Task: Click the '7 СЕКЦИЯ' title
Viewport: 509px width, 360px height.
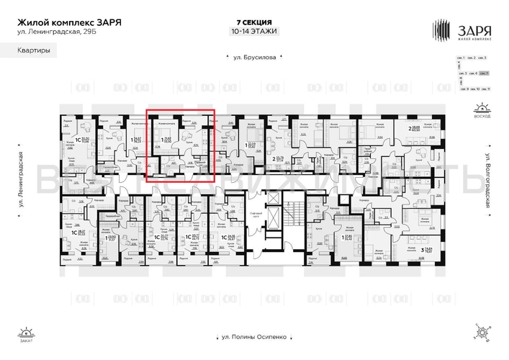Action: (x=254, y=22)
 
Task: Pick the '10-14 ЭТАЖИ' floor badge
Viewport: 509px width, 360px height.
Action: (x=253, y=32)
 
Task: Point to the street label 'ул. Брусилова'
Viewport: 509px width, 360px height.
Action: (x=254, y=58)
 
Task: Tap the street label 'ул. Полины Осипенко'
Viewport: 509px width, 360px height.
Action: (x=254, y=336)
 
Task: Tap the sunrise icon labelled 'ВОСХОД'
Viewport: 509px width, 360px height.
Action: (x=481, y=111)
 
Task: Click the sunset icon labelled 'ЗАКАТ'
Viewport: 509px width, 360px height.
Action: (x=28, y=333)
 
